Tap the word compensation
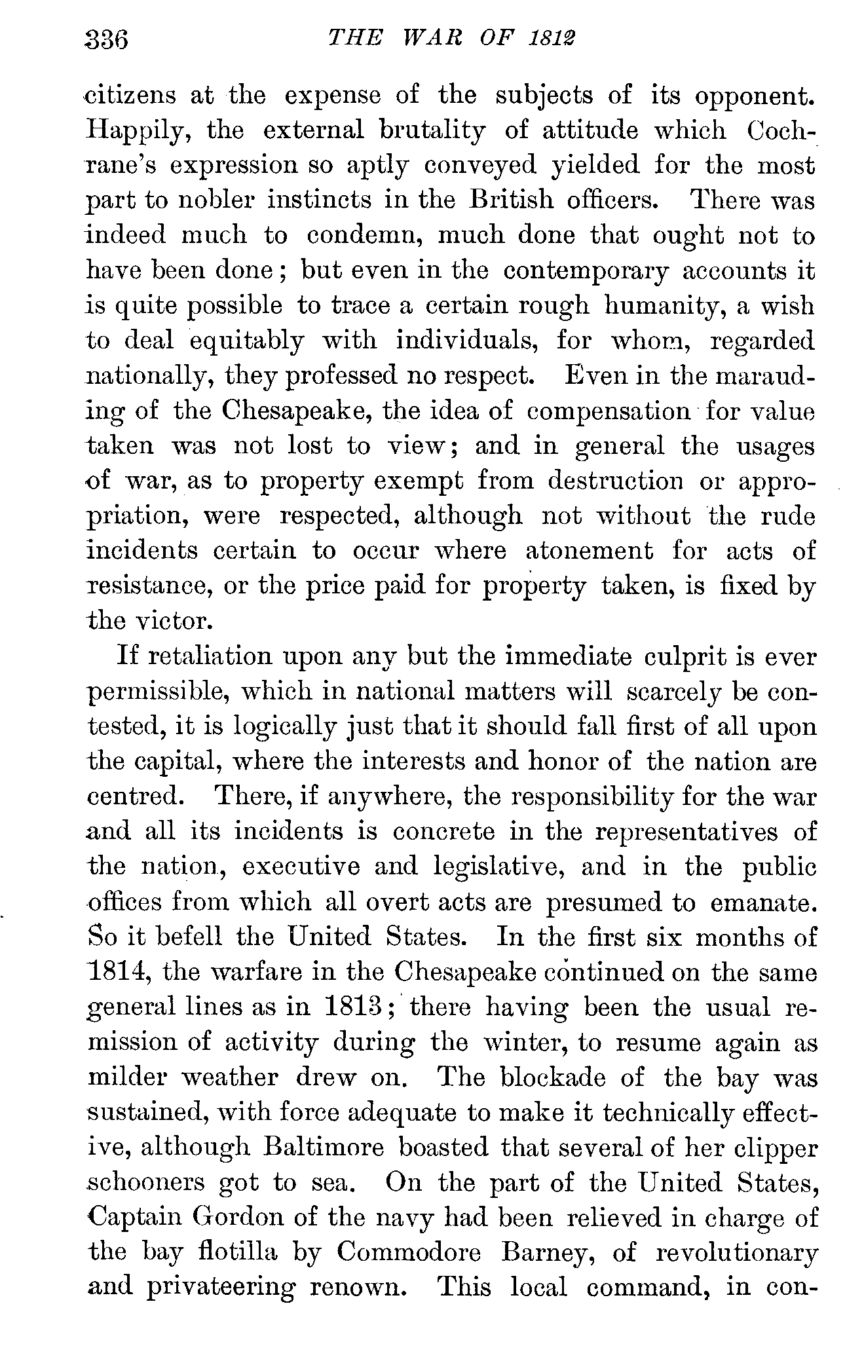(x=609, y=411)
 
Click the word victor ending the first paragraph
(x=170, y=620)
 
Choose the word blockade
(x=554, y=1077)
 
